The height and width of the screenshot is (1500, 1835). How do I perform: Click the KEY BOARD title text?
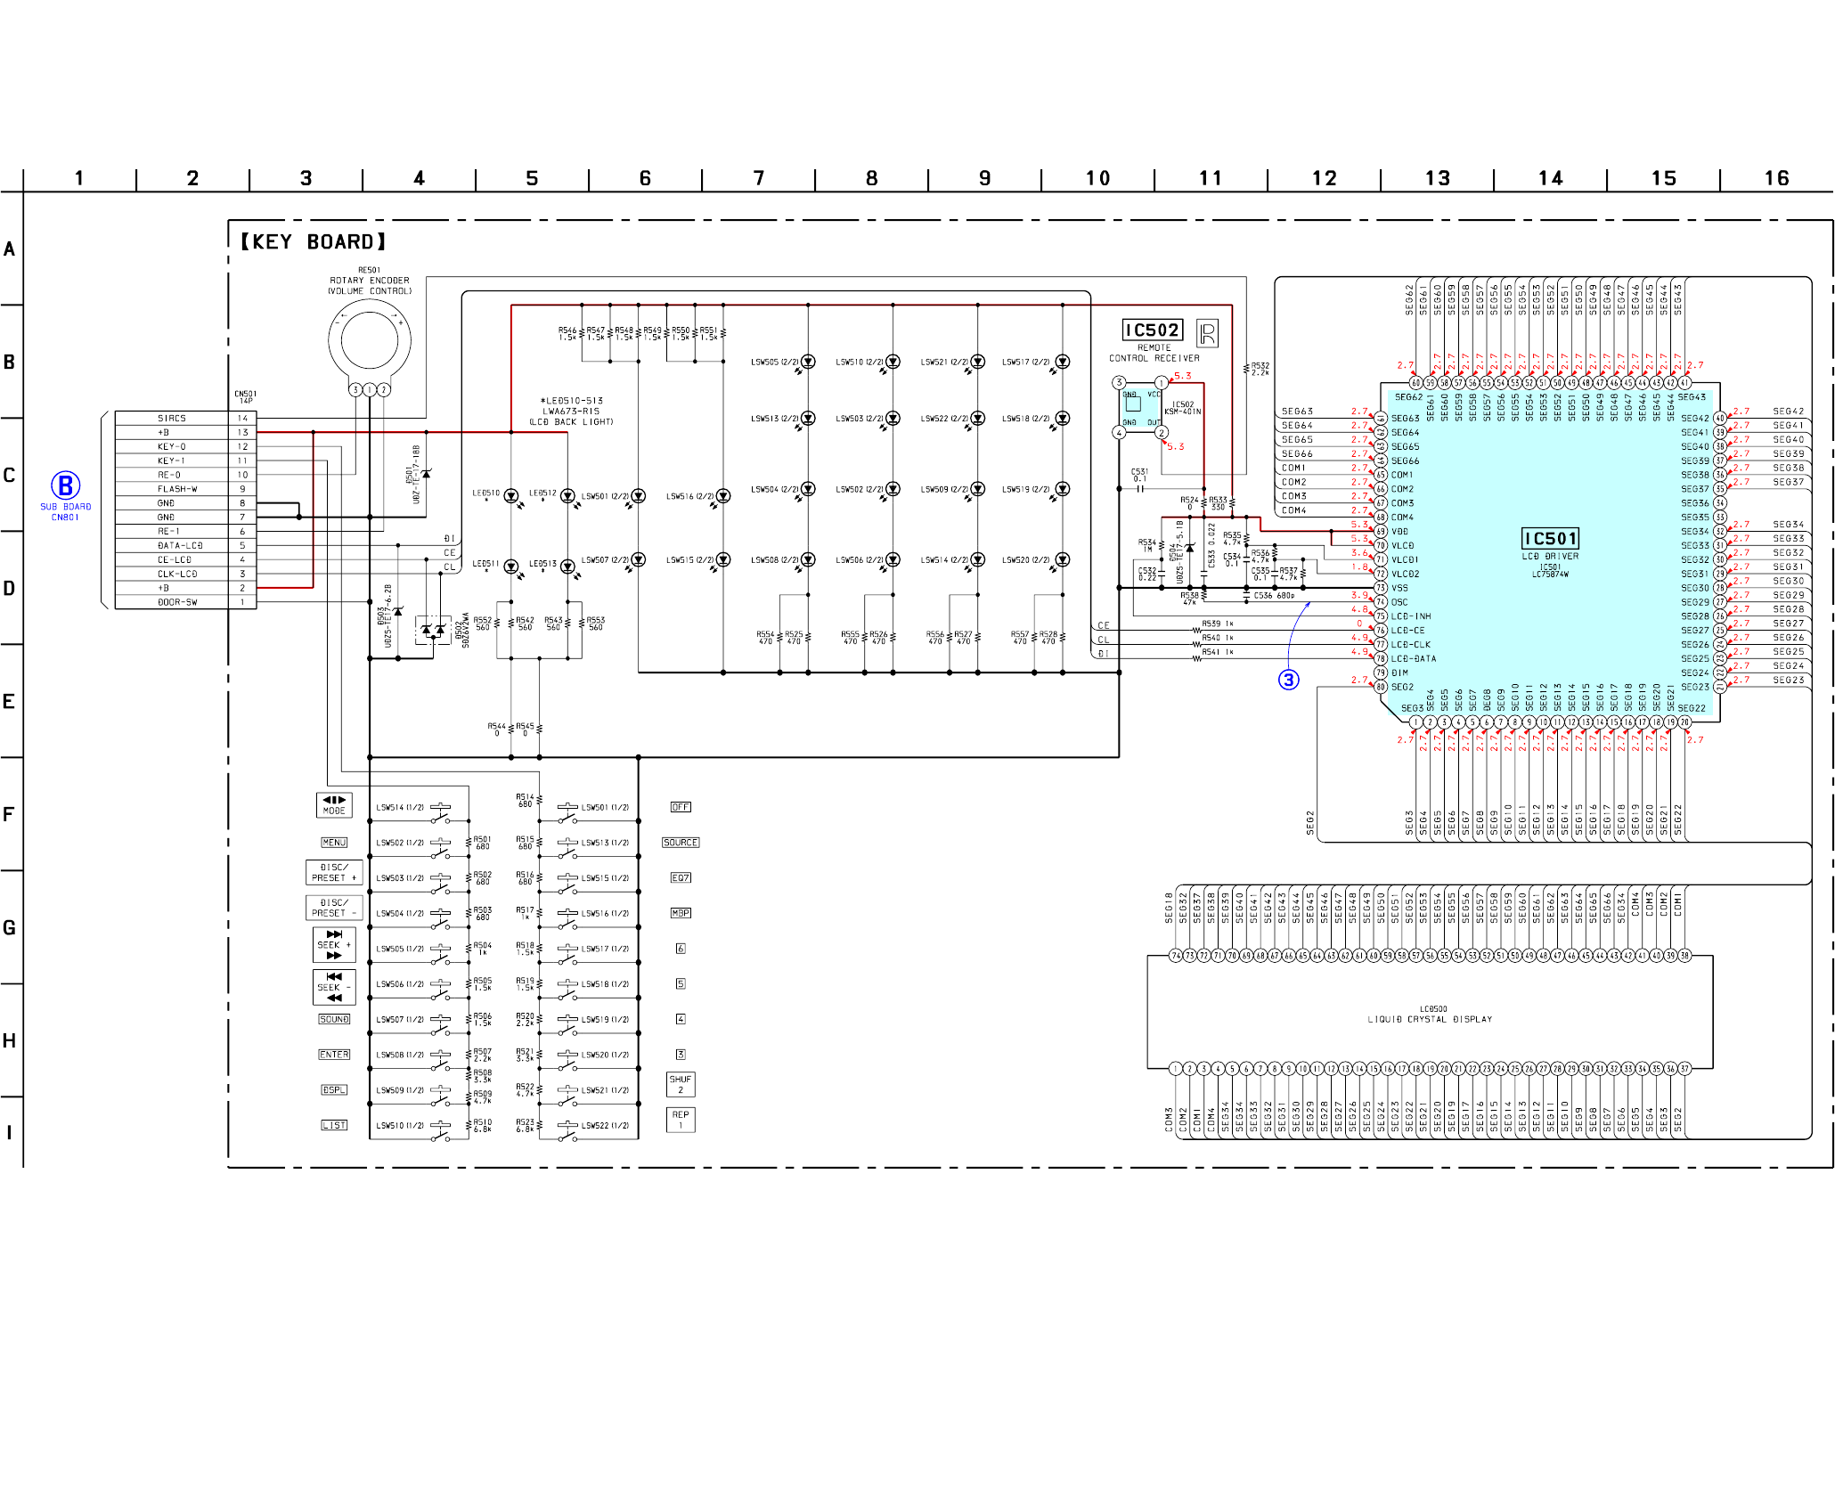[x=314, y=242]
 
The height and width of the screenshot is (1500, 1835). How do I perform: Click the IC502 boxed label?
[x=1152, y=330]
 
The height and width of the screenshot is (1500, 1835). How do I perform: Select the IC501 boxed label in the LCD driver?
[x=1550, y=539]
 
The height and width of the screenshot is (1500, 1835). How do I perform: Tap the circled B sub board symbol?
[x=65, y=486]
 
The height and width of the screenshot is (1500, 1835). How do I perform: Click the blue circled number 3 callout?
[x=1288, y=680]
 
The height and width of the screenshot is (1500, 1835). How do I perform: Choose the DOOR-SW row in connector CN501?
[x=177, y=602]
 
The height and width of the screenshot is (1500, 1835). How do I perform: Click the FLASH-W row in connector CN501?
[x=177, y=489]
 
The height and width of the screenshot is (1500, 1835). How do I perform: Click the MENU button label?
[x=334, y=843]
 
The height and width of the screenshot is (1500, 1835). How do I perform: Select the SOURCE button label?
[x=681, y=843]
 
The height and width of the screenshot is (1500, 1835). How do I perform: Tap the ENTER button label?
[x=334, y=1055]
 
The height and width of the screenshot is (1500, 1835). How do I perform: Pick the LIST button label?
[x=334, y=1125]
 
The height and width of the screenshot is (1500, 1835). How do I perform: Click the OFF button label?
[x=681, y=807]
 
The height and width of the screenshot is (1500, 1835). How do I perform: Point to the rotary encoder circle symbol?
[x=369, y=340]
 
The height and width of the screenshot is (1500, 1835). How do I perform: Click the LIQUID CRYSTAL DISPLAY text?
[x=1430, y=1019]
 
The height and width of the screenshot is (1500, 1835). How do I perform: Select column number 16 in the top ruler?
[x=1776, y=178]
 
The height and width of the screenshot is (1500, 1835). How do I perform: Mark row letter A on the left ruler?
[x=10, y=249]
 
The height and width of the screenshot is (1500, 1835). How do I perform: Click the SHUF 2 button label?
[x=681, y=1084]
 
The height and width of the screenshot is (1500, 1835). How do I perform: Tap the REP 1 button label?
[x=681, y=1120]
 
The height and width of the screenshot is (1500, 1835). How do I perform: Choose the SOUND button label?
[x=334, y=1019]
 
